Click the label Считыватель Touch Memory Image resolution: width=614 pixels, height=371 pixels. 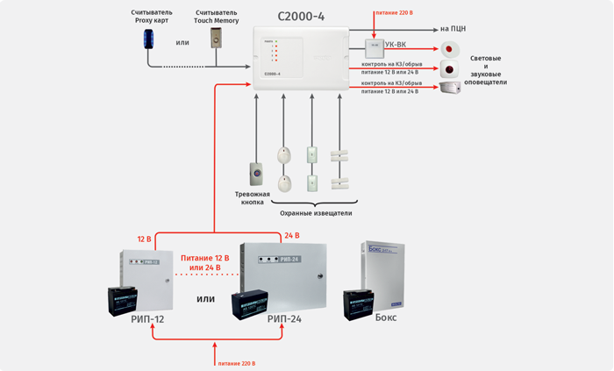pyautogui.click(x=217, y=17)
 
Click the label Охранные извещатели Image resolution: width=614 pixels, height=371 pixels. pyautogui.click(x=316, y=212)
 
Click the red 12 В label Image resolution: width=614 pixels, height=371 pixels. pyautogui.click(x=144, y=239)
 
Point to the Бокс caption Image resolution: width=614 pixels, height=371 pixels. pyautogui.click(x=386, y=317)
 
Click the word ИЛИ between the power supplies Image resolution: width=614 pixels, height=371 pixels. pyautogui.click(x=205, y=299)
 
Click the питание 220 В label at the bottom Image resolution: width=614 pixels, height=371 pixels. pyautogui.click(x=237, y=362)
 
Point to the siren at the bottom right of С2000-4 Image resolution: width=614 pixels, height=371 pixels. pyautogui.click(x=451, y=89)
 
